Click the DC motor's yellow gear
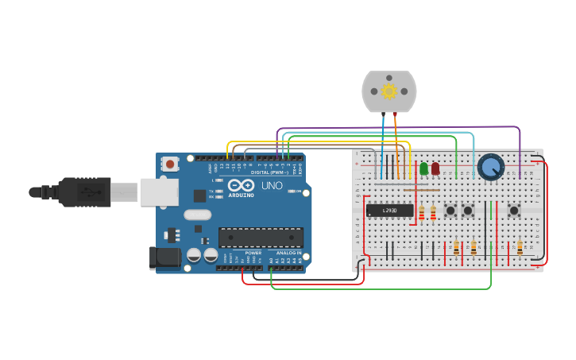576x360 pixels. (389, 91)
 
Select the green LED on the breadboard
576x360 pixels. (423, 168)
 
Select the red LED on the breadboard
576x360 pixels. (435, 168)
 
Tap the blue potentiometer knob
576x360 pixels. (491, 167)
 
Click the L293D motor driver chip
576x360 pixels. (389, 211)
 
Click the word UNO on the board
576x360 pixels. (272, 185)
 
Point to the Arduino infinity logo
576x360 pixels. (241, 186)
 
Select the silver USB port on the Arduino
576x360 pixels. (159, 192)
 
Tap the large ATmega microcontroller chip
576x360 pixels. (261, 237)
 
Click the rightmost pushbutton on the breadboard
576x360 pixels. (514, 211)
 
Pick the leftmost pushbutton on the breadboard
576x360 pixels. (450, 211)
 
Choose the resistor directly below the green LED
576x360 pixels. (422, 212)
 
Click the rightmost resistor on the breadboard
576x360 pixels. (520, 247)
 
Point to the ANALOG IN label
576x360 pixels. (288, 253)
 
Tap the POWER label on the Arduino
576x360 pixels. (253, 253)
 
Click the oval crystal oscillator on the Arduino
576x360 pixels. (197, 215)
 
